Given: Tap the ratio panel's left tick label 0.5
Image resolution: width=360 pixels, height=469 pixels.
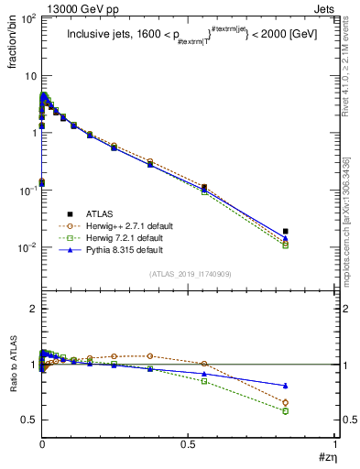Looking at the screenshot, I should click(27, 420).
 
